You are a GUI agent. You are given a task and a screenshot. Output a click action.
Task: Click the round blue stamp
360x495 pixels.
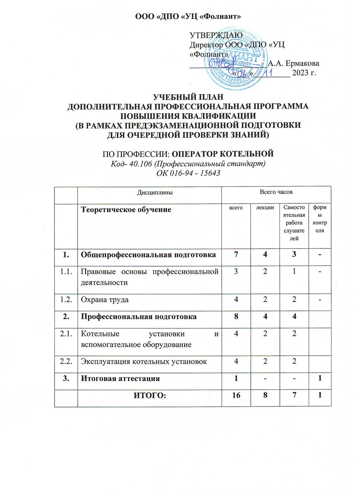pyautogui.click(x=237, y=63)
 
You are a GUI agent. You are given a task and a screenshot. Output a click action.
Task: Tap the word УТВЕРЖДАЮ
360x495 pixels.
pyautogui.click(x=216, y=35)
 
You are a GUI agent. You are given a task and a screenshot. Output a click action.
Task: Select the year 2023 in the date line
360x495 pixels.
pyautogui.click(x=299, y=73)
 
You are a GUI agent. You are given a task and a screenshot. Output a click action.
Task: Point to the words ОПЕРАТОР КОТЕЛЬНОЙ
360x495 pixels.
pyautogui.click(x=224, y=154)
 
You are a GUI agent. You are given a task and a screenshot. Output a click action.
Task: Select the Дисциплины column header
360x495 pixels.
pyautogui.click(x=150, y=192)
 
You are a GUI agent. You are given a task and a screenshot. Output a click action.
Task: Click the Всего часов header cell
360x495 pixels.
pyautogui.click(x=276, y=192)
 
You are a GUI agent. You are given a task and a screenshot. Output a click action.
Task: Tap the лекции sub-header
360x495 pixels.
pyautogui.click(x=265, y=208)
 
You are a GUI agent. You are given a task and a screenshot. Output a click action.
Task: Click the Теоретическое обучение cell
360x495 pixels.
pyautogui.click(x=126, y=210)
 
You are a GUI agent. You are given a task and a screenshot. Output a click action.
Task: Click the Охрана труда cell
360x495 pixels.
pyautogui.click(x=105, y=300)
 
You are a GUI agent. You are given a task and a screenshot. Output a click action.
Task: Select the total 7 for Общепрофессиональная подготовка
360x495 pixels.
pyautogui.click(x=236, y=255)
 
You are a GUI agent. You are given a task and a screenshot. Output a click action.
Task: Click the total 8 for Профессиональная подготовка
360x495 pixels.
pyautogui.click(x=236, y=317)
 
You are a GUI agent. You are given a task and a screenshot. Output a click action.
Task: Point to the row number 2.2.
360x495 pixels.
pyautogui.click(x=66, y=361)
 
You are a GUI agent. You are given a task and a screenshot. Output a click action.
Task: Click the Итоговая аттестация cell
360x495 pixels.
pyautogui.click(x=120, y=379)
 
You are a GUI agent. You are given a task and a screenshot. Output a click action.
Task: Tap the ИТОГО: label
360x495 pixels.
pyautogui.click(x=150, y=395)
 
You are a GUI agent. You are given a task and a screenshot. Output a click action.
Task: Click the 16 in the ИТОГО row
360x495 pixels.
pyautogui.click(x=236, y=395)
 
